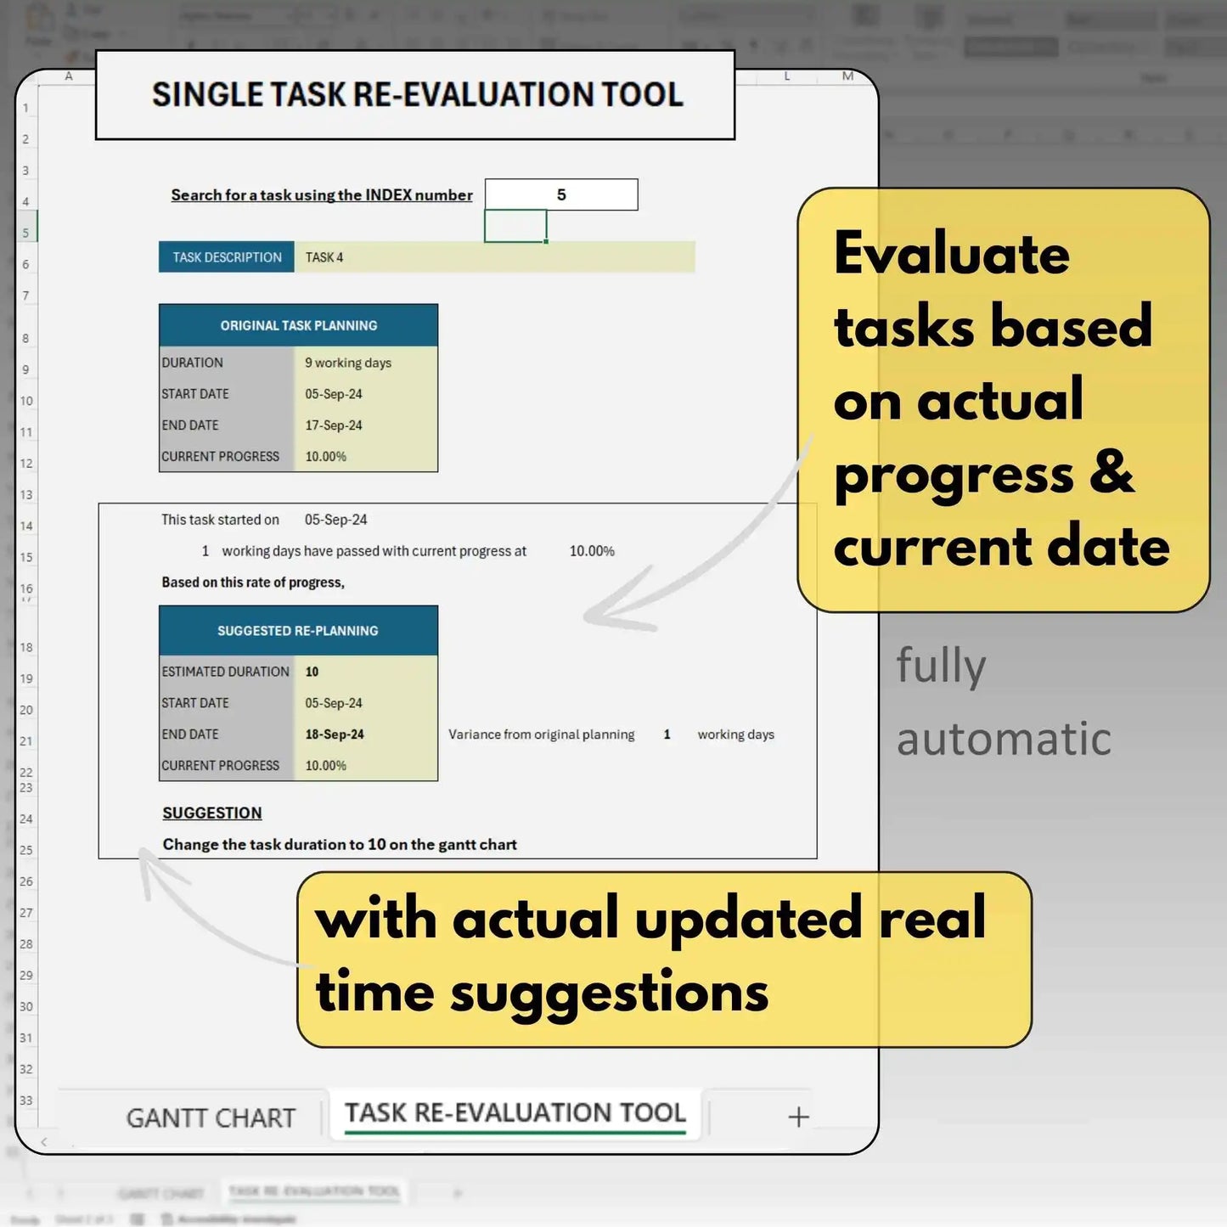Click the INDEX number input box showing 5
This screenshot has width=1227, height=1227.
point(561,194)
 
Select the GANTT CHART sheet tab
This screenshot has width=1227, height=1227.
point(211,1117)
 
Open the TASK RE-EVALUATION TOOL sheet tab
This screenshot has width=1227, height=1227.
point(515,1112)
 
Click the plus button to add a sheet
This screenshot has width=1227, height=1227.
point(798,1117)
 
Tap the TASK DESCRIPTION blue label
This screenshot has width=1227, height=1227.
point(227,257)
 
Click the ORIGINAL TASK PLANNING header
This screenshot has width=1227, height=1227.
point(298,325)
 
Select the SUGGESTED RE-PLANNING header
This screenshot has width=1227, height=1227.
point(298,631)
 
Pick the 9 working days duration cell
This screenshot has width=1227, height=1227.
point(348,363)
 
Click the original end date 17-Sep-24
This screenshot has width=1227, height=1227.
point(334,425)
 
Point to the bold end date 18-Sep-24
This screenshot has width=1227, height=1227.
point(335,735)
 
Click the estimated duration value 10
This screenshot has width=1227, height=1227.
point(312,672)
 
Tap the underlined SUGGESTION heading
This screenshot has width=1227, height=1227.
point(212,813)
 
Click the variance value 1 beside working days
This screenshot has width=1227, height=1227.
point(667,735)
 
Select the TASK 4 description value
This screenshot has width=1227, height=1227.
point(324,257)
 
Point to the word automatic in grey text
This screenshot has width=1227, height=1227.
point(1004,739)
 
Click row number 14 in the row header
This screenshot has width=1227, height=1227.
point(26,526)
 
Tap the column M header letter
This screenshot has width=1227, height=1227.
point(847,76)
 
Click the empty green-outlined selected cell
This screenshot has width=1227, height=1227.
point(515,227)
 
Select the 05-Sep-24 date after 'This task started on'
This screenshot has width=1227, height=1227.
point(336,520)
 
